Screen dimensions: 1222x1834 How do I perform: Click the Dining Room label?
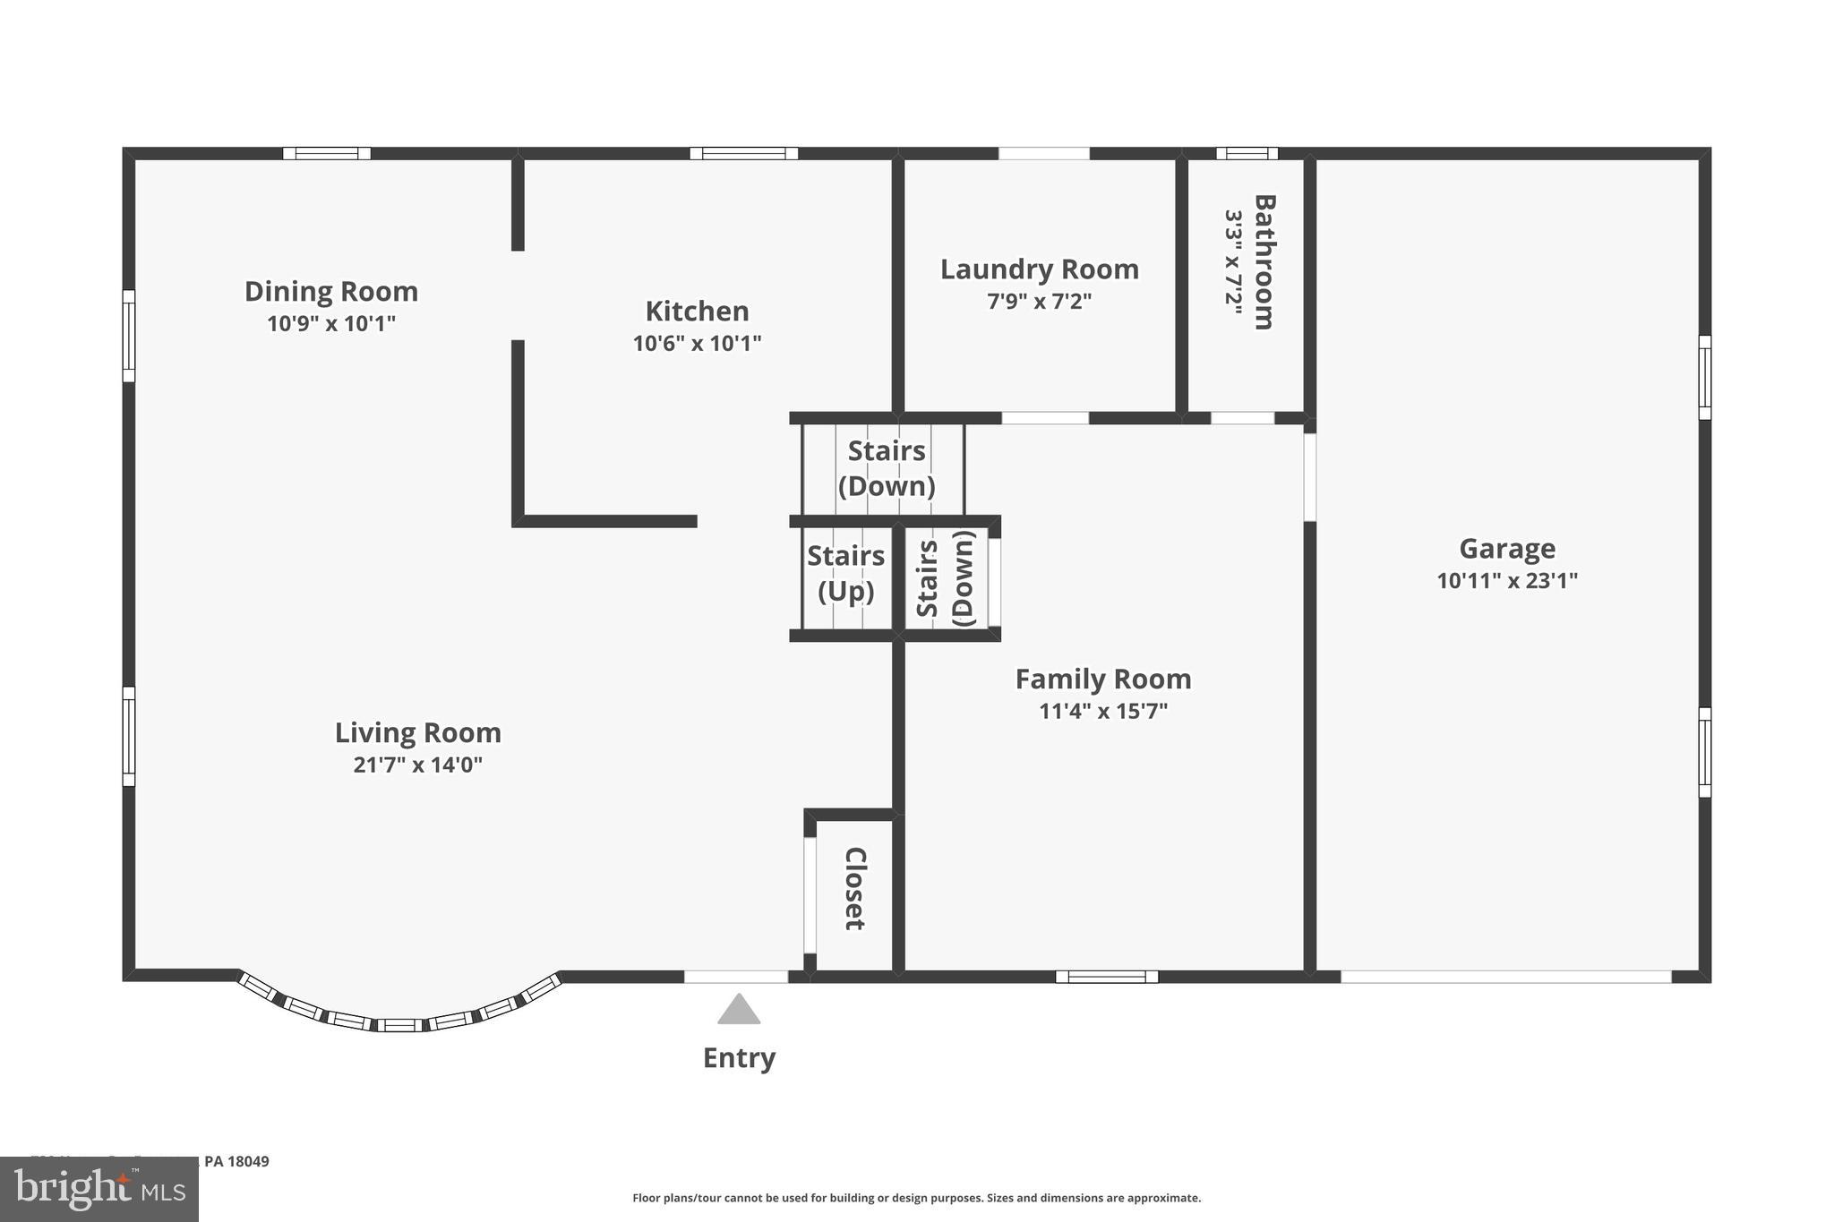tap(331, 292)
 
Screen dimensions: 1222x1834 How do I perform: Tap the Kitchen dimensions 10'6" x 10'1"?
tap(697, 343)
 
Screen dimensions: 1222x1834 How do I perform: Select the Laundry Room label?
tap(1039, 269)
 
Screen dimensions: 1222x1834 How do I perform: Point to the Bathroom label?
tap(1264, 262)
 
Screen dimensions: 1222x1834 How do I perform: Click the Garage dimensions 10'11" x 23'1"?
tap(1506, 580)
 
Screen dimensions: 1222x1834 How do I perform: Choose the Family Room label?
tap(1102, 679)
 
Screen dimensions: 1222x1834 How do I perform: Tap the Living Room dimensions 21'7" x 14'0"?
tap(417, 765)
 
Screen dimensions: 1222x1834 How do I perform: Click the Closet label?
tap(855, 888)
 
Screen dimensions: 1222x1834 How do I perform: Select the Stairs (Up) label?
tap(845, 573)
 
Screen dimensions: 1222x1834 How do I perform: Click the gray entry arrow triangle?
tap(739, 1012)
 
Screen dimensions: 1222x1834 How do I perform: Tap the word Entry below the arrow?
tap(739, 1058)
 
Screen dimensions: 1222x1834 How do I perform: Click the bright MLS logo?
tap(99, 1189)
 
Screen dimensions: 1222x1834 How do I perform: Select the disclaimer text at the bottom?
tap(916, 1198)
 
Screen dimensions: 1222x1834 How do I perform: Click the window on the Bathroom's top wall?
tap(1247, 153)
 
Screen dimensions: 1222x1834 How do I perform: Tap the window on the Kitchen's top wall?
tap(743, 153)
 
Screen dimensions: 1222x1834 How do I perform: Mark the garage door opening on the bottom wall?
tap(1505, 977)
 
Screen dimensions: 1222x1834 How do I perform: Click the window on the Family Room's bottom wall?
tap(1107, 977)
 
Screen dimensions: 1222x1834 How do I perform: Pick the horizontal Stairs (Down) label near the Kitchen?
tap(886, 468)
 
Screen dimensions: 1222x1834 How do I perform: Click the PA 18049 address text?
tap(236, 1161)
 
